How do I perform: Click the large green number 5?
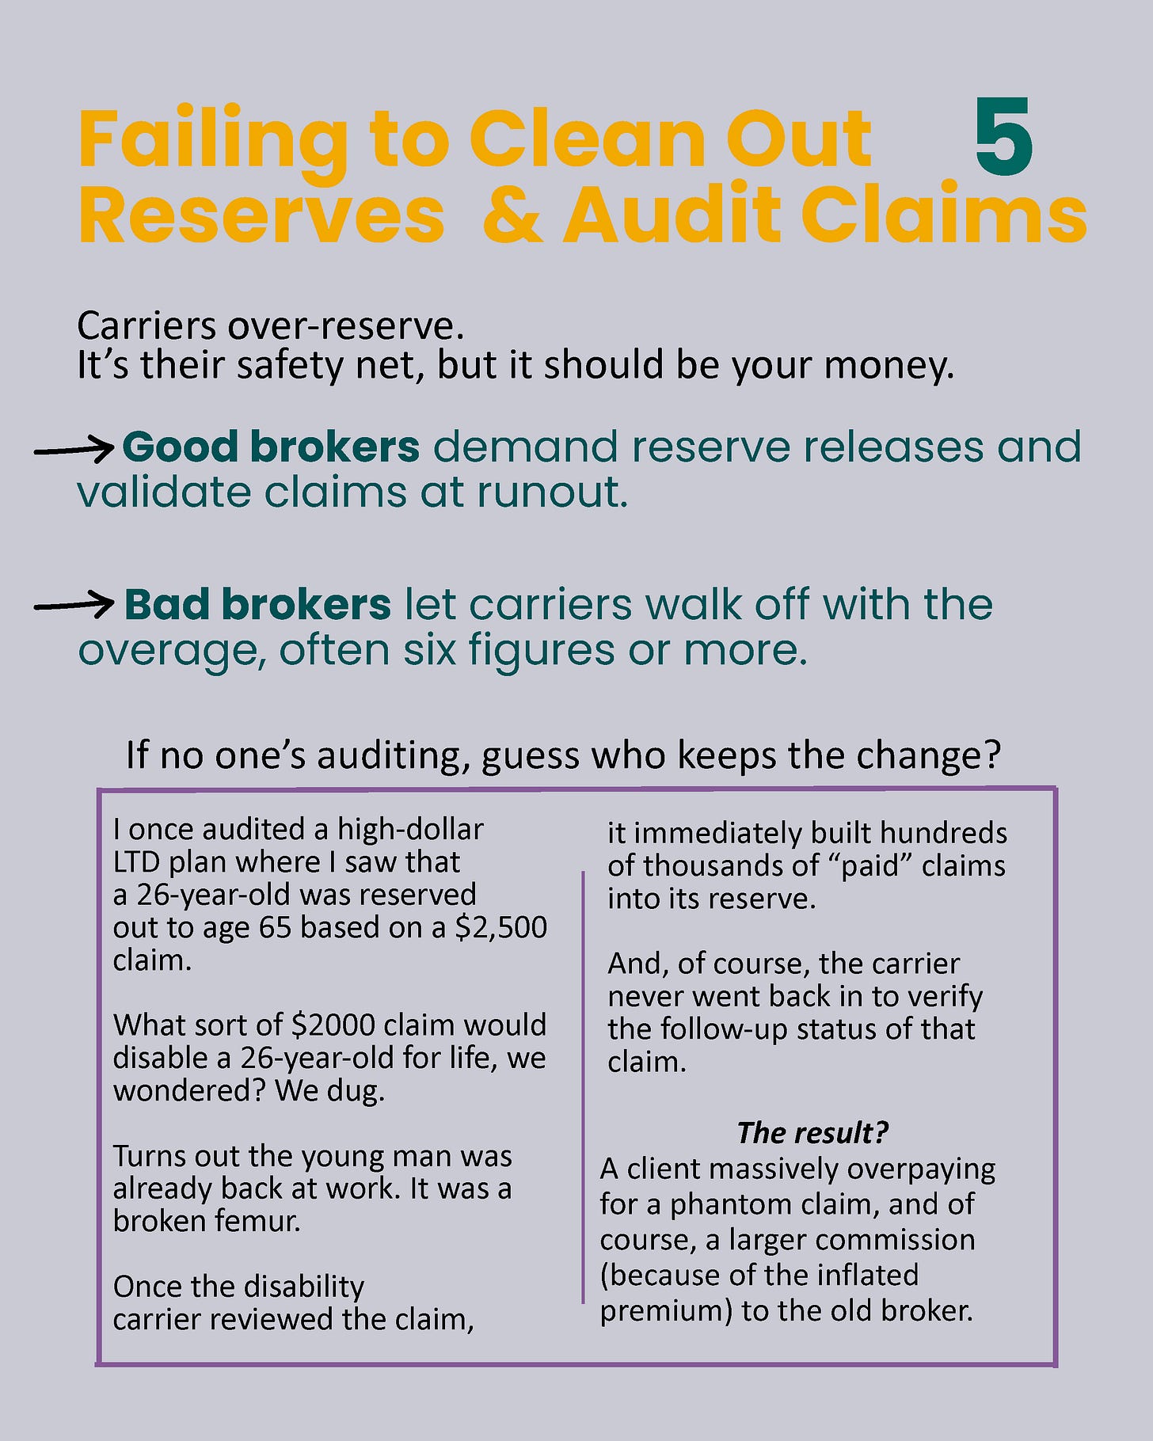point(1003,138)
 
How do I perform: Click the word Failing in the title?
point(212,141)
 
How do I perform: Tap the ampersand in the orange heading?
point(512,215)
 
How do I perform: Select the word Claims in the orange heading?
point(944,215)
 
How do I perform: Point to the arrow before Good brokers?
point(74,450)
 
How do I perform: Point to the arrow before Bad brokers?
point(74,606)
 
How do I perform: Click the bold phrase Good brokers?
point(271,447)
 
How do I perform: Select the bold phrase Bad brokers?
point(257,605)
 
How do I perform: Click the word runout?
point(552,492)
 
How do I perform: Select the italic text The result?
point(812,1133)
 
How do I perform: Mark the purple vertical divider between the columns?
point(583,1085)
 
